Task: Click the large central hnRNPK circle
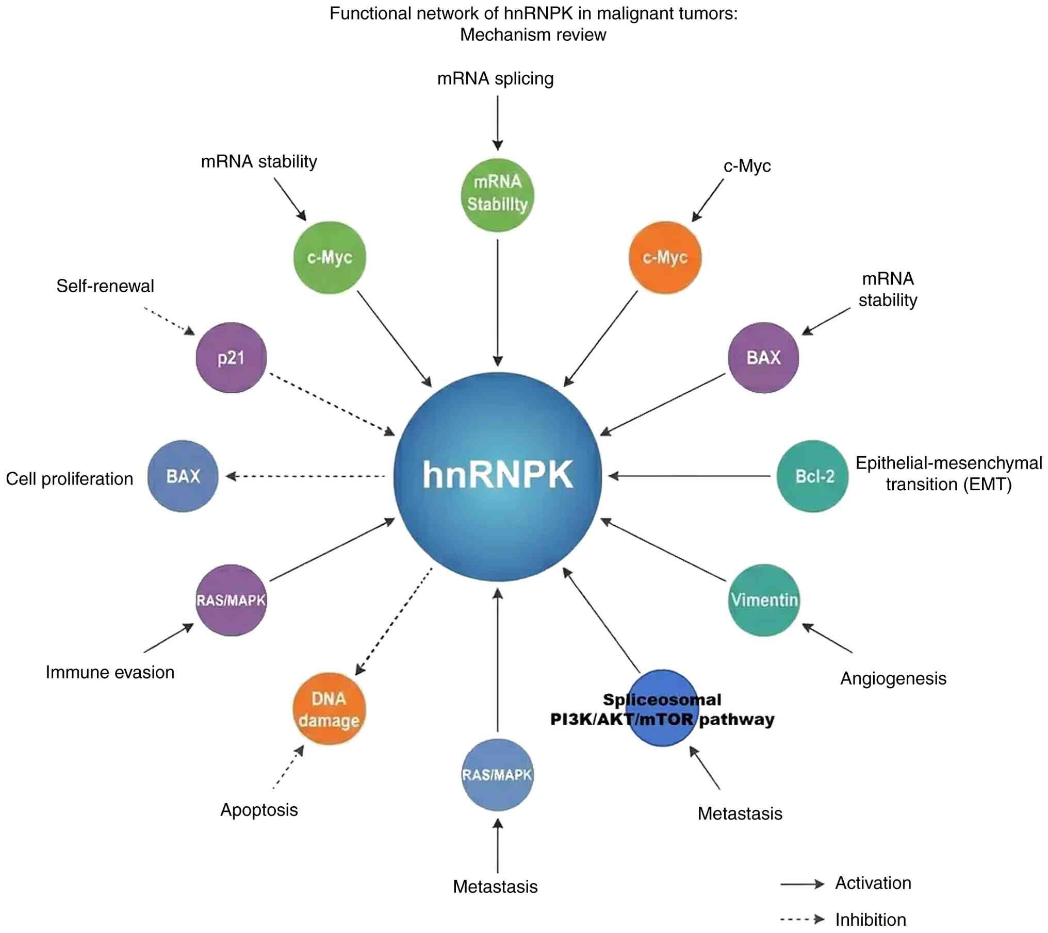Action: (x=497, y=476)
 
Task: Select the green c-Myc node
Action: (x=330, y=257)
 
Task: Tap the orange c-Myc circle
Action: (x=665, y=257)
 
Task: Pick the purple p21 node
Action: (x=231, y=358)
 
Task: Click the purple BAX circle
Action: (x=763, y=358)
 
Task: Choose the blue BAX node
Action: (x=183, y=476)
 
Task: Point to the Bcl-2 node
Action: (x=813, y=476)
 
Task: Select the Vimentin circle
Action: (x=764, y=600)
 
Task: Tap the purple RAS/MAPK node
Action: (x=231, y=600)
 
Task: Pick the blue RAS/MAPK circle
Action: (x=497, y=775)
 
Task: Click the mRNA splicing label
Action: (x=495, y=79)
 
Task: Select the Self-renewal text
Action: (x=105, y=286)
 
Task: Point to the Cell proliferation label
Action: (x=70, y=479)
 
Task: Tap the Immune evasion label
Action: (x=110, y=672)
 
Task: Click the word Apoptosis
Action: (x=259, y=810)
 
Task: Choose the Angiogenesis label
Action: (x=893, y=678)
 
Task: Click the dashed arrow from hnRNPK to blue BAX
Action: (x=307, y=476)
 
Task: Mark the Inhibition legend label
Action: (x=871, y=920)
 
